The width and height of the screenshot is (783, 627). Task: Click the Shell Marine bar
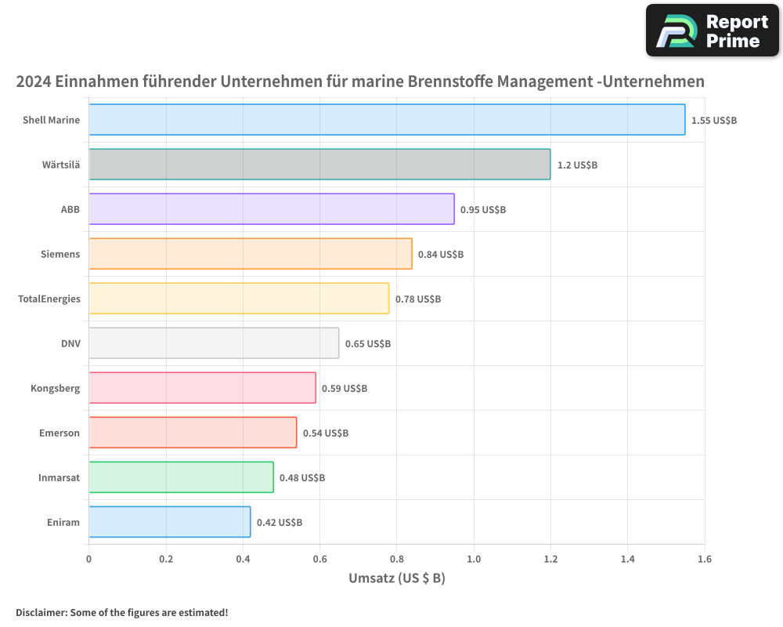point(387,120)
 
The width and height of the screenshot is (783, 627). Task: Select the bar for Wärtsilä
point(319,165)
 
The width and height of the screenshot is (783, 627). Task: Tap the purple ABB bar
point(271,209)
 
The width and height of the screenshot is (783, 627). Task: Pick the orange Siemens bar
point(250,254)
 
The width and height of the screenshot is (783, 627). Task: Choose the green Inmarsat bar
point(181,477)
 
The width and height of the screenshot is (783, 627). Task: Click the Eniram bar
point(169,522)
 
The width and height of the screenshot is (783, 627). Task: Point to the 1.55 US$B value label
point(714,121)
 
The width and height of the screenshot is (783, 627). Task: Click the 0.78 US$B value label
point(418,299)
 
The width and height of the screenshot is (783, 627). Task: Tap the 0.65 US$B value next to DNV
point(368,344)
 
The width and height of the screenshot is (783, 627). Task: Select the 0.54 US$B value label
point(326,433)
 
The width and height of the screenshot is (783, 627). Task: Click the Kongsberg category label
point(55,388)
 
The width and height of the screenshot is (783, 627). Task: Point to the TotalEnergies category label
point(49,299)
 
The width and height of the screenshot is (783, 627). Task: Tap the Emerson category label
point(60,433)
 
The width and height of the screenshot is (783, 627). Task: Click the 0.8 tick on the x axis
point(396,559)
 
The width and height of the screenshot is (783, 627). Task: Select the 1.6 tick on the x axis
point(704,559)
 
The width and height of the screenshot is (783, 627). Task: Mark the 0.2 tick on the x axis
point(166,559)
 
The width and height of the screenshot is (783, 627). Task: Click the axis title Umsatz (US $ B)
point(396,578)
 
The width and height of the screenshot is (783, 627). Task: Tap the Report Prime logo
point(713,31)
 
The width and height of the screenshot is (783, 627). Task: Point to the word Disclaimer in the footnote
point(41,612)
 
